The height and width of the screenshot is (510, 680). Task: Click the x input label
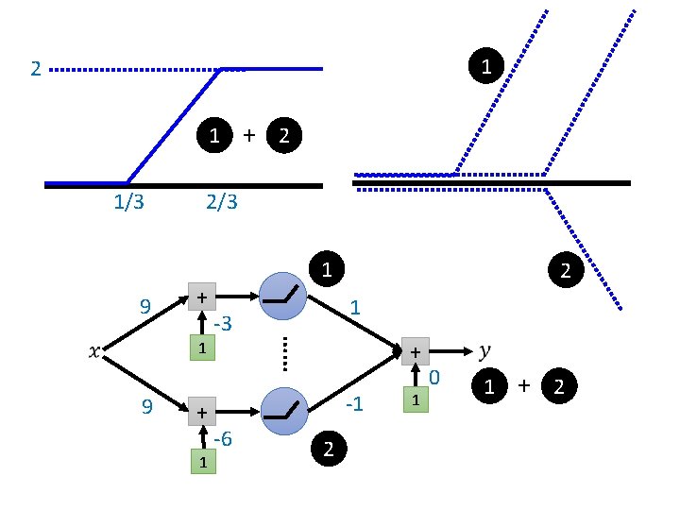point(93,352)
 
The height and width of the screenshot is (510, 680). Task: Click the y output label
point(484,350)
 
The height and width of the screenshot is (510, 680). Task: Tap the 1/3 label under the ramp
point(128,202)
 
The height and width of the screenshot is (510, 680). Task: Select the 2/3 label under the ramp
point(221,202)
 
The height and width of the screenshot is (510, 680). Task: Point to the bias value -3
point(224,325)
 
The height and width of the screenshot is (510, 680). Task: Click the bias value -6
point(224,440)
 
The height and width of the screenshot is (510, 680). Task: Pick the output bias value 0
point(434,379)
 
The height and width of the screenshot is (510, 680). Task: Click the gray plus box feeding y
point(415,351)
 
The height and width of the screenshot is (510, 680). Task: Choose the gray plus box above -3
point(201,297)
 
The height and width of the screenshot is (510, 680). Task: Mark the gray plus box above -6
point(201,413)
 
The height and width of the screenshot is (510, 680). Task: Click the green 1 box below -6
point(201,462)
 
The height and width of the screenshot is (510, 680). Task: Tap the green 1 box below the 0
point(415,400)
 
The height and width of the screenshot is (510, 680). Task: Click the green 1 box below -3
point(201,348)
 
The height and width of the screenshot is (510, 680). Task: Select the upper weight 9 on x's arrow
point(145,306)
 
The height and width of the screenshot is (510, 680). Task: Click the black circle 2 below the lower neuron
point(328,450)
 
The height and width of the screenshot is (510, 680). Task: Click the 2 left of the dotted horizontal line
point(35,70)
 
